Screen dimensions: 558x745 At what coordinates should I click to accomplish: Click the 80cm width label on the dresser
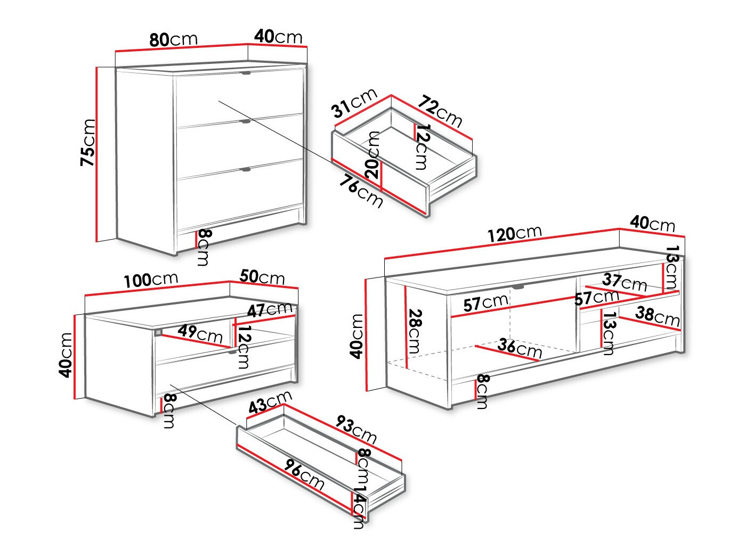(x=173, y=39)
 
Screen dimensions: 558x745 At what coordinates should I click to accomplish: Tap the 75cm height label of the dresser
(x=87, y=142)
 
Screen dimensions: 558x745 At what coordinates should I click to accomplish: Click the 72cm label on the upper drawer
(x=440, y=111)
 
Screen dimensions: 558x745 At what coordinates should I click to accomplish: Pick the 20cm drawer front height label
(x=374, y=155)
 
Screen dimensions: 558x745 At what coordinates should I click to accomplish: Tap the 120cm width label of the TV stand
(x=515, y=233)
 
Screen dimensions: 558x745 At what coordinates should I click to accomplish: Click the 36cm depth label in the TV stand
(x=520, y=348)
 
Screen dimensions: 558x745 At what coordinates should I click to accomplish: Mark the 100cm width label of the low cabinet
(x=151, y=280)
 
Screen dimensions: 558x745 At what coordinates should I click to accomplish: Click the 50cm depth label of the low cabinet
(x=262, y=276)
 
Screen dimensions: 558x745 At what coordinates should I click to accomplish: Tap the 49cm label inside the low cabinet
(x=200, y=333)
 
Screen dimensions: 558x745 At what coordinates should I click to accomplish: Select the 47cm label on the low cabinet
(x=270, y=309)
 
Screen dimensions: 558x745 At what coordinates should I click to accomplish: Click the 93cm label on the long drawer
(x=357, y=429)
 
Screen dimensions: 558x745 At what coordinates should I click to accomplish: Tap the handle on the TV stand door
(x=518, y=288)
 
